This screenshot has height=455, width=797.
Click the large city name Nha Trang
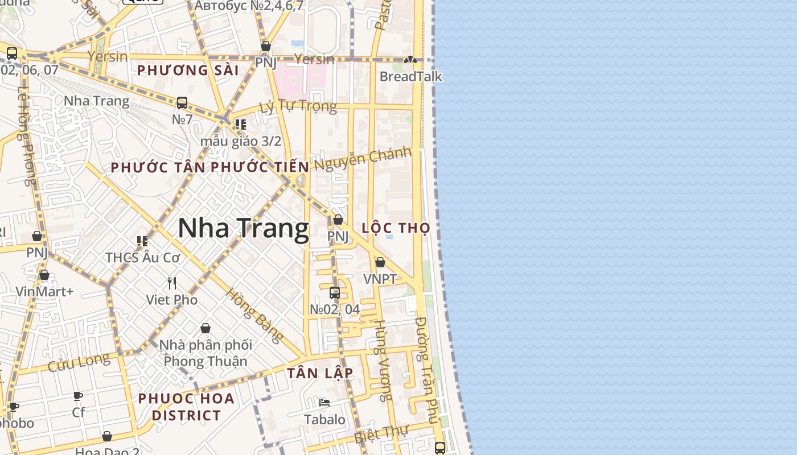243,229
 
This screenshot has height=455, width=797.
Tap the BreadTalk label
410,77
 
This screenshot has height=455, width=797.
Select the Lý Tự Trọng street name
298,106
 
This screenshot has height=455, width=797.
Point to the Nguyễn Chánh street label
363,159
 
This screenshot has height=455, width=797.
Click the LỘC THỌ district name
396,228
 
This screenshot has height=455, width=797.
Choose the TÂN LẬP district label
320,373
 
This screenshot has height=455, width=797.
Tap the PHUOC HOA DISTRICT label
186,407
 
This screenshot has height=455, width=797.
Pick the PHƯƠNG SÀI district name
188,71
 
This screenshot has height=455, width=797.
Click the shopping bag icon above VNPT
380,262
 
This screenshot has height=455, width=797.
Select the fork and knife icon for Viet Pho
172,283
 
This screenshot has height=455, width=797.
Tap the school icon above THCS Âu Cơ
142,241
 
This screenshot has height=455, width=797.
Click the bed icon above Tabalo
324,403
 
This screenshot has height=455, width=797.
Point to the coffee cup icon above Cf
78,396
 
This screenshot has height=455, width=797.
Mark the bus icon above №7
182,103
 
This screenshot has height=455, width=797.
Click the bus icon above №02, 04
335,293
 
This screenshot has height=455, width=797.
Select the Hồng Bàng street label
254,316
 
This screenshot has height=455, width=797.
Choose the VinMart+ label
44,292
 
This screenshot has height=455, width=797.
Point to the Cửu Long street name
79,362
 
